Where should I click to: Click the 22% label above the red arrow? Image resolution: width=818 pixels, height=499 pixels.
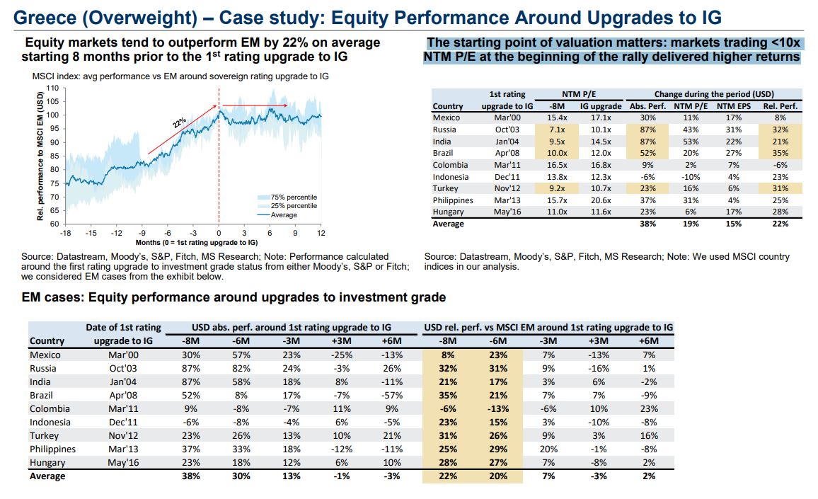180,123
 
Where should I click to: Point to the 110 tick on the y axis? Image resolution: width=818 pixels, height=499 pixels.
52,88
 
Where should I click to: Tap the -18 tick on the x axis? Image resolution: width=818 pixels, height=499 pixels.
65,233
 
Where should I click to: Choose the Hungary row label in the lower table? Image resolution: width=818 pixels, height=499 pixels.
47,463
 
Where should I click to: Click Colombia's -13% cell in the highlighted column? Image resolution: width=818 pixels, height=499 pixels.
499,409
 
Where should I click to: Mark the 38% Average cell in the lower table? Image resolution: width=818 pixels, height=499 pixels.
191,476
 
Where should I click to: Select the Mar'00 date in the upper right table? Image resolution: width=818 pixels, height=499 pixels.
507,117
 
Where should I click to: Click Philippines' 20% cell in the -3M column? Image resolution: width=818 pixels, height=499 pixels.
550,449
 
